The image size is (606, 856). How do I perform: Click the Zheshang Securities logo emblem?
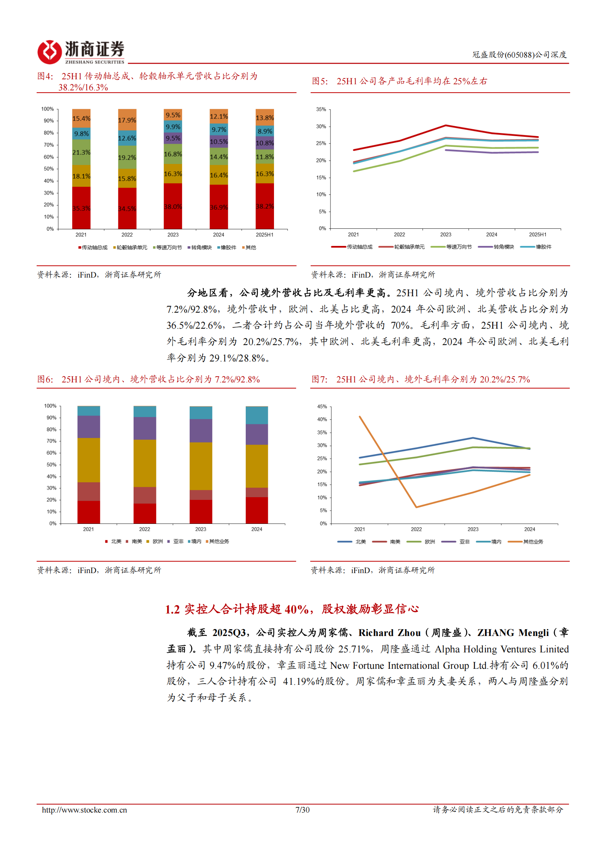pyautogui.click(x=49, y=52)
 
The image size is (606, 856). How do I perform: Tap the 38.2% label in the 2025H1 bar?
pyautogui.click(x=264, y=206)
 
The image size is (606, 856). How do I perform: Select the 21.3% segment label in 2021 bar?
pyautogui.click(x=81, y=153)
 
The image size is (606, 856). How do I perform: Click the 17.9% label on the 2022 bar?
pyautogui.click(x=127, y=120)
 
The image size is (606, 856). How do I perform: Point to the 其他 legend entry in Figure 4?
pyautogui.click(x=250, y=247)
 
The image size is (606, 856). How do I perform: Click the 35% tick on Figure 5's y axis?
pyautogui.click(x=321, y=109)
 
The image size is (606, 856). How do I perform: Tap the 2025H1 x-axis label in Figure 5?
pyautogui.click(x=537, y=234)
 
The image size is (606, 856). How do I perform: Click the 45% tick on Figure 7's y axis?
pyautogui.click(x=322, y=406)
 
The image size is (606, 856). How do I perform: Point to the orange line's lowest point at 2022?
pyautogui.click(x=416, y=507)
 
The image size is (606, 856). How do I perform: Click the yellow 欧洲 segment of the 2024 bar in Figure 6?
pyautogui.click(x=256, y=466)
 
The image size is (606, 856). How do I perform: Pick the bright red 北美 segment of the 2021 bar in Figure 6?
pyautogui.click(x=89, y=512)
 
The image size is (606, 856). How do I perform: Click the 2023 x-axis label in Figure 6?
pyautogui.click(x=200, y=529)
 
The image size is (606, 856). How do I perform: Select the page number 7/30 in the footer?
pyautogui.click(x=302, y=810)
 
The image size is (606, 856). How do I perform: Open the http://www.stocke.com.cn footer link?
pyautogui.click(x=84, y=810)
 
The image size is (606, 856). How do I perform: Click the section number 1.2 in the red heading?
pyautogui.click(x=172, y=609)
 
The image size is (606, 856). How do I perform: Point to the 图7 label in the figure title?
pyautogui.click(x=319, y=379)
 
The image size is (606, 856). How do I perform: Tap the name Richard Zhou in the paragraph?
pyautogui.click(x=389, y=633)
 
